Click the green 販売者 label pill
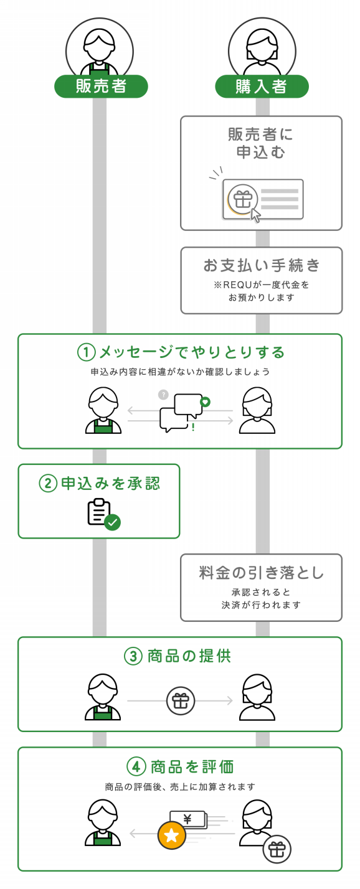101,86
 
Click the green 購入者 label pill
262,86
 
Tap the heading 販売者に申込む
261,143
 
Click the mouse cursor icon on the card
255,215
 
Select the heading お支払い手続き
261,265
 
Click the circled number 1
86,352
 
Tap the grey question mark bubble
163,395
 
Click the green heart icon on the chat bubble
205,402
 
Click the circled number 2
48,483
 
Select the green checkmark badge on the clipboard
112,522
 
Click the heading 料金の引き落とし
261,573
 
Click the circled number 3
133,656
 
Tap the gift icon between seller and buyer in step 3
181,701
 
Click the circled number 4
136,766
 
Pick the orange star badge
172,835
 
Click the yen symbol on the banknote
187,819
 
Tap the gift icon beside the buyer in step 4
277,849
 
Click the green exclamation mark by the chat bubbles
193,427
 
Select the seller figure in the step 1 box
103,410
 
